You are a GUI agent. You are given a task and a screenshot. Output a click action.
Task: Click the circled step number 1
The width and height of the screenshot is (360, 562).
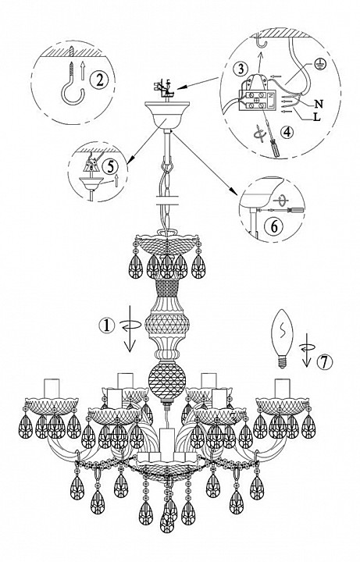(106, 325)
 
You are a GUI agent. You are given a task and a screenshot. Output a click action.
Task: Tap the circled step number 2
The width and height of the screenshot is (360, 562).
(99, 80)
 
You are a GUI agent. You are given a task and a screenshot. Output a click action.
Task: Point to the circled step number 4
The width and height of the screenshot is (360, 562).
(287, 132)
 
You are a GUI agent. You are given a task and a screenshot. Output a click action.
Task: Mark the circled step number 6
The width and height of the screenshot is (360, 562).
(273, 226)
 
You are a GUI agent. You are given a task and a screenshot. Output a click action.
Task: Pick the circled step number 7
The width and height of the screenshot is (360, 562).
(325, 362)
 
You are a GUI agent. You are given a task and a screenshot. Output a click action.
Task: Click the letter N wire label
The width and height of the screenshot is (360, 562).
(318, 105)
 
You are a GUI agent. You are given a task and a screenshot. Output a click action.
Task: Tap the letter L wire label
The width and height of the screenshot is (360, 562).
(316, 117)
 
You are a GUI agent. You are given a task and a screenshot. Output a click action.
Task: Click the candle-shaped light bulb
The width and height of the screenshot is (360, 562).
(283, 339)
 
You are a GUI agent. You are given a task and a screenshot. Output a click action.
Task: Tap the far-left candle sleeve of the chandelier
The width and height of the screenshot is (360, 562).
(51, 388)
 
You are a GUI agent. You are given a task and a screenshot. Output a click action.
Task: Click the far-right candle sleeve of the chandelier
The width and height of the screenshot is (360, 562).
(282, 388)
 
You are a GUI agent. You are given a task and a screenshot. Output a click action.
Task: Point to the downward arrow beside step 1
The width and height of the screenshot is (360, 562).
(129, 328)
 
